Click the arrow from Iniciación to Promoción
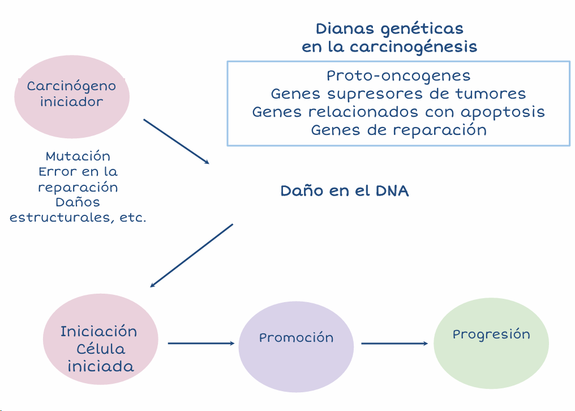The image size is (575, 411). tap(201, 343)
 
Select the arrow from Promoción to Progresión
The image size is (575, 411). tap(394, 343)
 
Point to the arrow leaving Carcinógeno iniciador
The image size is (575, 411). tap(176, 141)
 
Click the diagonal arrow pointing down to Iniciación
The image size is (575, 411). tap(191, 255)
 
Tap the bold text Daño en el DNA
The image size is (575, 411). tap(345, 191)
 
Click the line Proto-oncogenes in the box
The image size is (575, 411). tap(398, 75)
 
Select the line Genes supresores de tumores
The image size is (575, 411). tap(398, 94)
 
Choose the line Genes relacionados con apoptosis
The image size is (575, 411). tap(398, 112)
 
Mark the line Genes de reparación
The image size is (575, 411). tap(398, 130)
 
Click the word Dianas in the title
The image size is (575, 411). tap(342, 28)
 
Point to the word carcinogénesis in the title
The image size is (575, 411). tap(413, 47)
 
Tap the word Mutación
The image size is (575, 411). tap(78, 156)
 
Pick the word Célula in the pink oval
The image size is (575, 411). tap(101, 349)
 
